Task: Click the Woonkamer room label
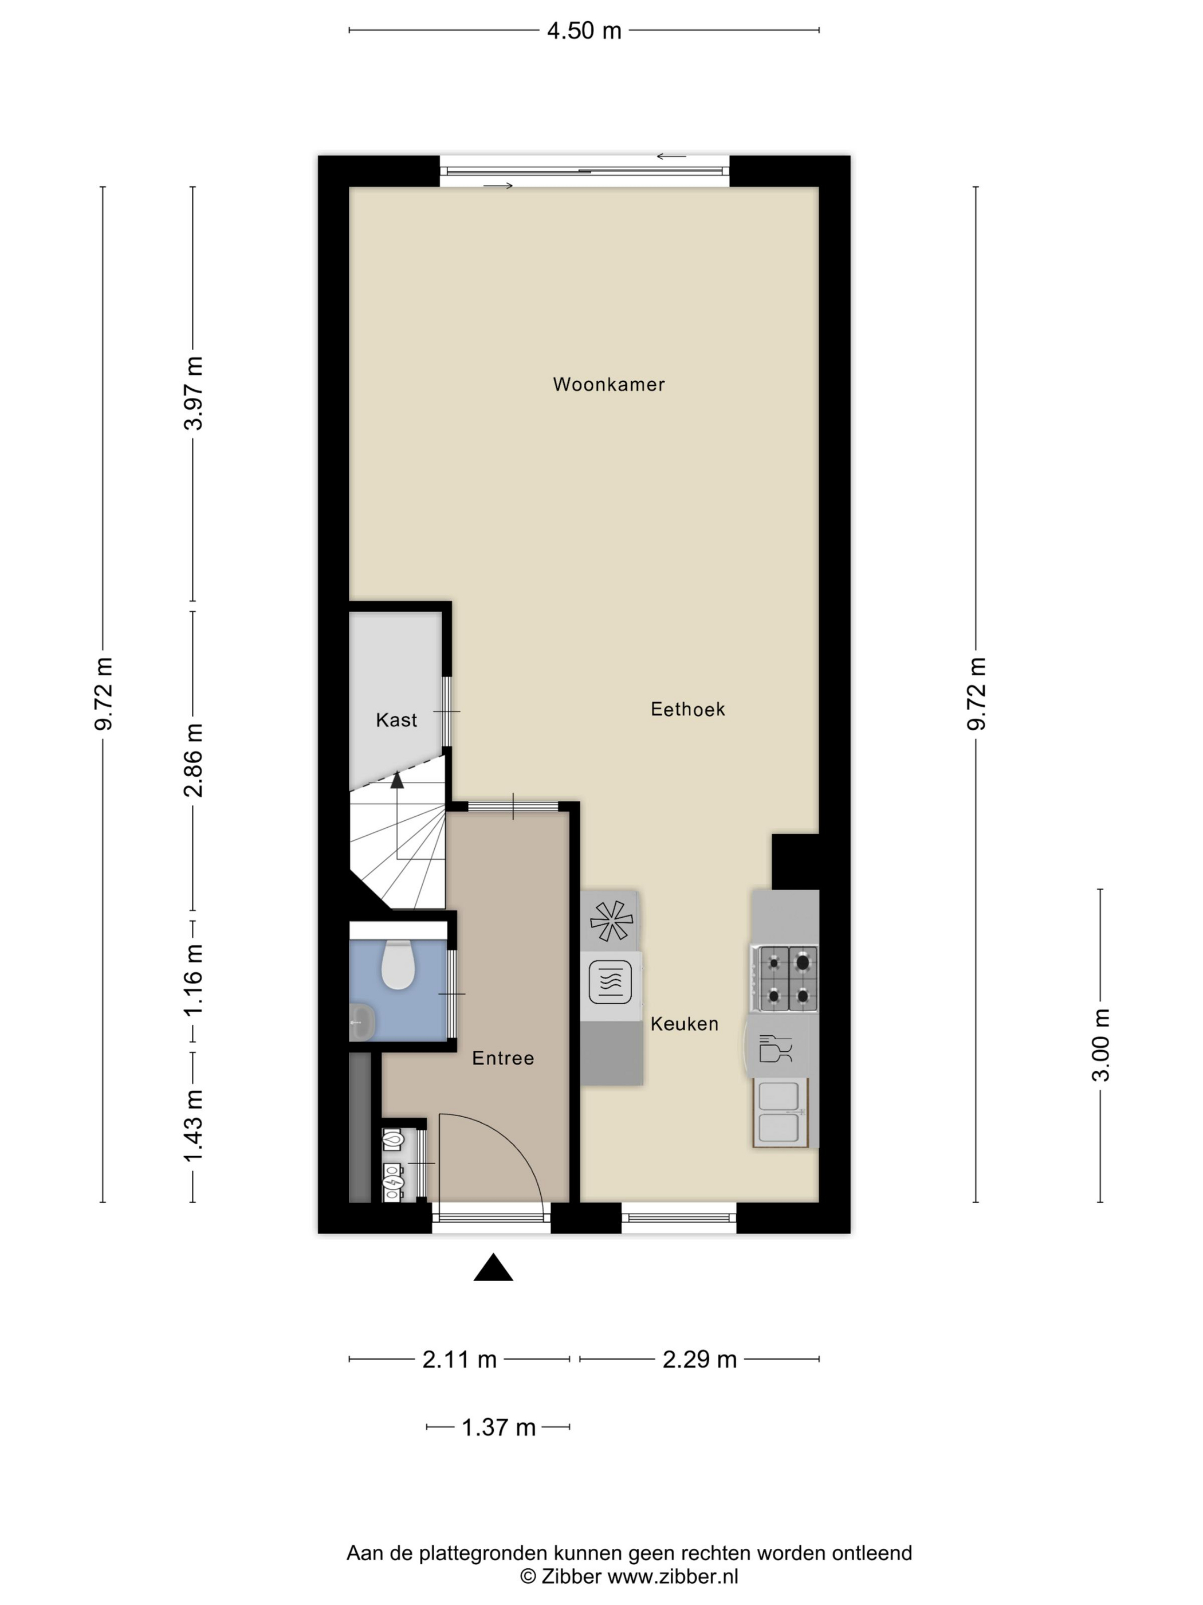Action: coord(608,385)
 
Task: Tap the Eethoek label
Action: coord(687,709)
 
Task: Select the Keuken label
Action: coord(685,1024)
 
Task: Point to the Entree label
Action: coord(502,1058)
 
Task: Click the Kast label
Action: coord(396,720)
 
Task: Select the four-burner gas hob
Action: coord(785,979)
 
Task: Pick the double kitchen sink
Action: coord(780,1113)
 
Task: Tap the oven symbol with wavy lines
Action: coord(610,982)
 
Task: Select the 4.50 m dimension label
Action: coord(584,30)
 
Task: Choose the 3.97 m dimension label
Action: coord(193,393)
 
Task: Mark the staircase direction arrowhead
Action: coord(396,780)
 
